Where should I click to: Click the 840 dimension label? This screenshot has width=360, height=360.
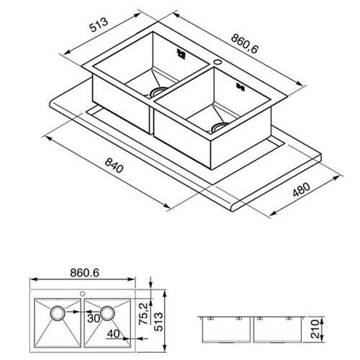[x=114, y=166]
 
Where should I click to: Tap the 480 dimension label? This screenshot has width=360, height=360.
[x=301, y=189]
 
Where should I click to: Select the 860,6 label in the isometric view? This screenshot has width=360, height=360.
[x=245, y=44]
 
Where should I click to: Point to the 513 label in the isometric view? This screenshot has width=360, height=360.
[x=99, y=24]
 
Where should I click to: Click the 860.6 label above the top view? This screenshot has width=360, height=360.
[x=84, y=273]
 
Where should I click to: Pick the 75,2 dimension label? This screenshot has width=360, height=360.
[x=143, y=314]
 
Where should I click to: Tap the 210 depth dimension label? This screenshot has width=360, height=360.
[x=315, y=328]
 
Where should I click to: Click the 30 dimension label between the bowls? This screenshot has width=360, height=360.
[x=94, y=318]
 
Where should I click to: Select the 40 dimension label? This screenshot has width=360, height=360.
[x=113, y=333]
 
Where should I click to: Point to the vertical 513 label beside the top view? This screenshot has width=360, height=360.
[x=158, y=322]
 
